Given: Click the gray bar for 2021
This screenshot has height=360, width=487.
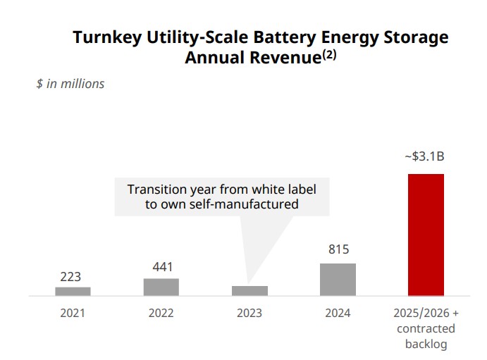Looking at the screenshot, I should [x=73, y=291].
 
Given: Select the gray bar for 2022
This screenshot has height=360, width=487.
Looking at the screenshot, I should [x=161, y=287].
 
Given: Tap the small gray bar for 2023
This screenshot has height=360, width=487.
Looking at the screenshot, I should [x=249, y=290].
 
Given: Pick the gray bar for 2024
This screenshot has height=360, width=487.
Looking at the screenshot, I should [x=338, y=279].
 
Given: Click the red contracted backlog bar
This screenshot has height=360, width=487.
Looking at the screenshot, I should [x=426, y=235].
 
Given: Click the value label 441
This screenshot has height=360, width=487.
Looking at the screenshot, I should [x=161, y=267].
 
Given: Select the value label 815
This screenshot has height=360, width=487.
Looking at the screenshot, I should [x=338, y=249].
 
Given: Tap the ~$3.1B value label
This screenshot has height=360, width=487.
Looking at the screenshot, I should [x=424, y=156].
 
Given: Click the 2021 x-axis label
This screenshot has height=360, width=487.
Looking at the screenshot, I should [x=73, y=314].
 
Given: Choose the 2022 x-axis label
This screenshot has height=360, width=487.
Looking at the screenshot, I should [x=161, y=314].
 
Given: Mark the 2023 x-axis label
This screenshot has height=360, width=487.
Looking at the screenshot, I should [x=249, y=314].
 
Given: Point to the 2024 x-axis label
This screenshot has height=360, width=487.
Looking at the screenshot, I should [x=338, y=314].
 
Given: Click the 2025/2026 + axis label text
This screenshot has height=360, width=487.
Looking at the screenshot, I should [x=426, y=314].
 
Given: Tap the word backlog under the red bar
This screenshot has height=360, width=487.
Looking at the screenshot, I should [x=426, y=345].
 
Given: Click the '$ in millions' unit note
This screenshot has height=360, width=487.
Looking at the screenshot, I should [x=70, y=84].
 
